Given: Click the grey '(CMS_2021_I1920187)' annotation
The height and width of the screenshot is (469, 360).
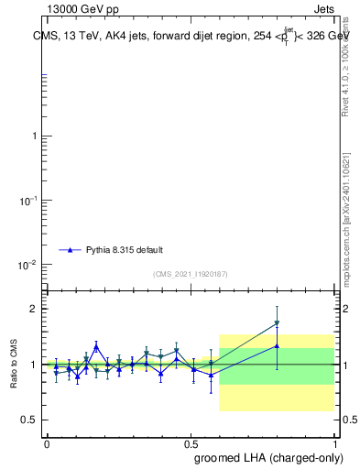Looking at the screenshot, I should click(191, 274).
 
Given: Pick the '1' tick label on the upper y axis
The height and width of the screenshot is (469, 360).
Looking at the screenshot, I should click(35, 136).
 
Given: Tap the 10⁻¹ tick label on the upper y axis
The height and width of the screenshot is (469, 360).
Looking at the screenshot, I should click(29, 200).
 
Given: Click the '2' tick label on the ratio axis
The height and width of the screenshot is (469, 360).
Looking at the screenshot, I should click(35, 309).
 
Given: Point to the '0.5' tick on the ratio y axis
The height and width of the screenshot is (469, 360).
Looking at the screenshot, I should click(30, 420).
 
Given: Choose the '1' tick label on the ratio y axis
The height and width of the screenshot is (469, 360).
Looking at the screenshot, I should click(35, 365).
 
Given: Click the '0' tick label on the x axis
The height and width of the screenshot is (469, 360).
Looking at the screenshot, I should click(46, 443).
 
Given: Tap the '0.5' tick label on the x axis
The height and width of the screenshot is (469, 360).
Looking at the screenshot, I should click(190, 443).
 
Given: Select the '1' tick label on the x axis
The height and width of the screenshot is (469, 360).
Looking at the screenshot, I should click(333, 443).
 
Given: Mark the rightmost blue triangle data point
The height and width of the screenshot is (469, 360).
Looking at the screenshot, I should click(277, 345).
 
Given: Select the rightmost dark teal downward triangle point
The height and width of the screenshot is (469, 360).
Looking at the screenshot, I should click(277, 323).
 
